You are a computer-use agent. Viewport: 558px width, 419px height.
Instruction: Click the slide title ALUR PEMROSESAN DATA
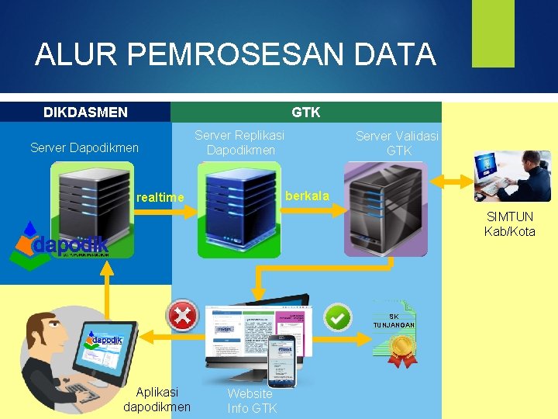[x=235, y=54]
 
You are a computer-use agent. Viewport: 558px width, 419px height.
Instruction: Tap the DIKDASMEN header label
[x=85, y=113]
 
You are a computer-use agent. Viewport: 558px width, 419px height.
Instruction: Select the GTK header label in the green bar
[x=305, y=113]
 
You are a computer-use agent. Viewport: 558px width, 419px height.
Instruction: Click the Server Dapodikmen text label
[x=84, y=147]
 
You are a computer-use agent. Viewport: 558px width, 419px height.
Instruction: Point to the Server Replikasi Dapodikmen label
[x=239, y=142]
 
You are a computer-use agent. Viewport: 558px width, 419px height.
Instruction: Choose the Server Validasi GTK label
[x=397, y=143]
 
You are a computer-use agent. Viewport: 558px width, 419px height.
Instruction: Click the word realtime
[x=160, y=198]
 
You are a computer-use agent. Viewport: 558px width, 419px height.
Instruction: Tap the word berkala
[x=307, y=195]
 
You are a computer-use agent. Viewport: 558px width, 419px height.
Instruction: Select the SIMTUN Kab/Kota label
[x=509, y=224]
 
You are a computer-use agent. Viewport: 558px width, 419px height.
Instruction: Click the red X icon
[x=183, y=316]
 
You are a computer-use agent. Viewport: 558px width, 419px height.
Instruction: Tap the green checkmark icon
[x=337, y=317]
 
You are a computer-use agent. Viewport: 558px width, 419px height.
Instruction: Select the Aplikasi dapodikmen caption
[x=157, y=400]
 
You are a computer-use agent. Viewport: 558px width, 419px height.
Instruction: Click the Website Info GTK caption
[x=251, y=400]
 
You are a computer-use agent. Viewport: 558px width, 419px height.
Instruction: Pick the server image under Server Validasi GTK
[x=386, y=209]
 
